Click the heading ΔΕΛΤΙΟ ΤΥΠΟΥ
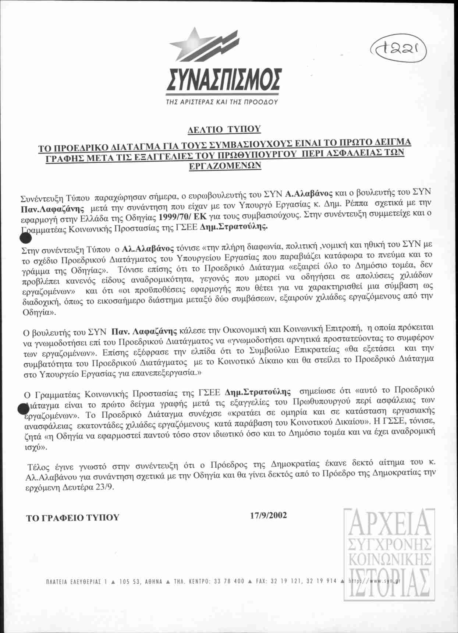tap(224, 129)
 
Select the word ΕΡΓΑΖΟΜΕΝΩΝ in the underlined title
tap(225, 165)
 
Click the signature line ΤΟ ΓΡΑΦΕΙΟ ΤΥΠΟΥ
tap(73, 517)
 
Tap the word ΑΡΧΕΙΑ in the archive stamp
tap(387, 524)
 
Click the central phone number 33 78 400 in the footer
tap(229, 581)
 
